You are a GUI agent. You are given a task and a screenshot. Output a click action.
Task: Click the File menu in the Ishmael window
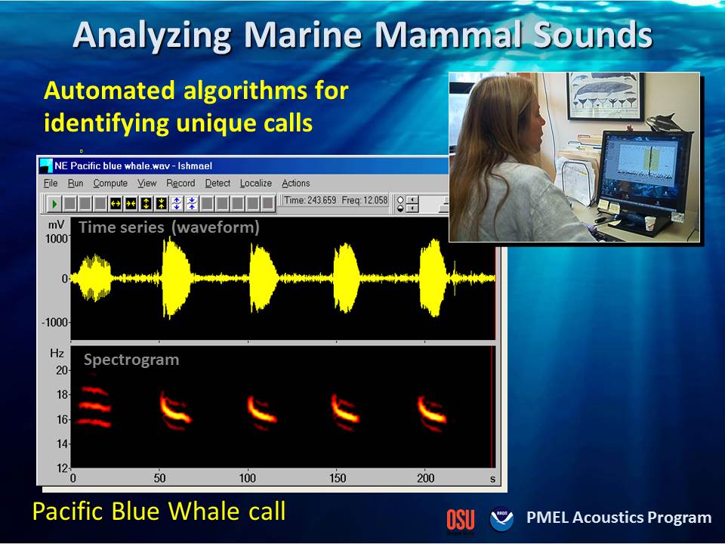pos(51,183)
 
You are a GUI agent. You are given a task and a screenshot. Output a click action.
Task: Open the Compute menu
pos(110,183)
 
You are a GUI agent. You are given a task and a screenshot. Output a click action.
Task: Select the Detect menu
pos(217,183)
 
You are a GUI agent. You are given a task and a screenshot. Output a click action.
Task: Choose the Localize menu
pos(256,183)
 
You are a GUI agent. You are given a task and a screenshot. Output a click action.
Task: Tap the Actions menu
pos(295,183)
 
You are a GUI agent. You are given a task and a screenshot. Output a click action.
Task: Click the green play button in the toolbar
pos(54,203)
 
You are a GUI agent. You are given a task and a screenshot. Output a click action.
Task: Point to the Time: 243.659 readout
pos(310,200)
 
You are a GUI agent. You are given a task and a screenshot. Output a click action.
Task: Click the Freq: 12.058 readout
pos(364,200)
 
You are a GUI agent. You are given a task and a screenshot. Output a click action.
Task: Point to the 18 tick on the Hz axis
pos(62,394)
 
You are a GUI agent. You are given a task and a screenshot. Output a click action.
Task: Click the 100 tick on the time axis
pos(248,478)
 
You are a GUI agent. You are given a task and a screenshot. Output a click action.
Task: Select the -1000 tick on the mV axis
pos(55,323)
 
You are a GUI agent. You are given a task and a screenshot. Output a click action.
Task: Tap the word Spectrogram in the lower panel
pos(131,360)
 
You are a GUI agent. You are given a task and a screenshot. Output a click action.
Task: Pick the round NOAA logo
pos(501,518)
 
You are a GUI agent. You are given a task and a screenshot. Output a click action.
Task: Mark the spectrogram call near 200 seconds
pos(432,413)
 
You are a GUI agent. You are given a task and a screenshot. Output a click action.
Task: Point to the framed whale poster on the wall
pos(605,96)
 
